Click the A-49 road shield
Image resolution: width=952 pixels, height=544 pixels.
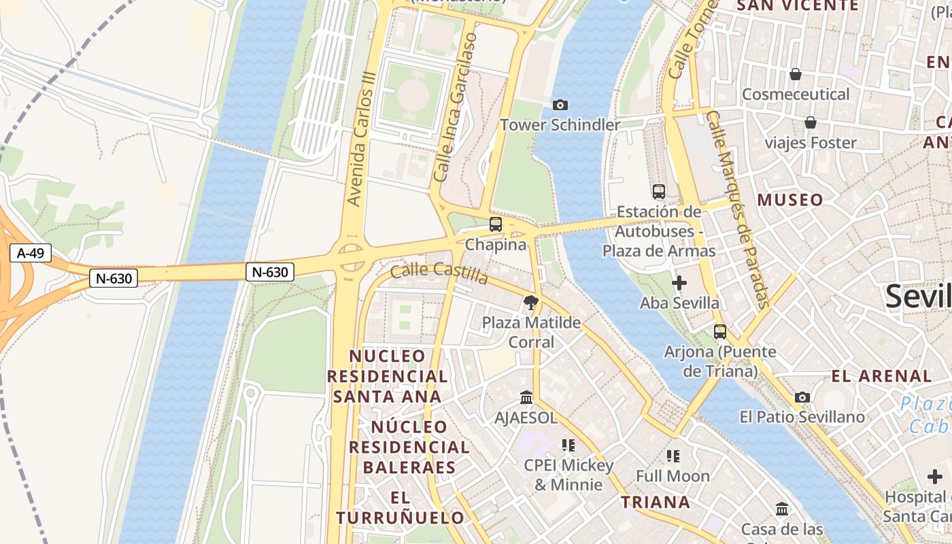point(31,254)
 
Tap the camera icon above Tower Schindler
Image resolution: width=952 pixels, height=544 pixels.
point(560,105)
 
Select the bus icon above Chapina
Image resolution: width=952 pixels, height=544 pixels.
point(496,224)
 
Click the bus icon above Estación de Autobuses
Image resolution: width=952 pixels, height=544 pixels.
point(658,191)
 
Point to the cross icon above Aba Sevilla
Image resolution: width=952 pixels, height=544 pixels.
point(679,283)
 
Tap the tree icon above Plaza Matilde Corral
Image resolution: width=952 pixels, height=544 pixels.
point(531,302)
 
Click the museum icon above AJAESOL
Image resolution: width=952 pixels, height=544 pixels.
point(526,397)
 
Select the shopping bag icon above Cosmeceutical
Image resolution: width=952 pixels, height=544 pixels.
point(796,74)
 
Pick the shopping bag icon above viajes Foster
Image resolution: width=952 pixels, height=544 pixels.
point(811,122)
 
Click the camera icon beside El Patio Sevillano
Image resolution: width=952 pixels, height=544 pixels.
point(802,397)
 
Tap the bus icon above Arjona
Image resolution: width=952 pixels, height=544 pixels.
point(719,332)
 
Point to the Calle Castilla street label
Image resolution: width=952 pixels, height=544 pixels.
point(439,273)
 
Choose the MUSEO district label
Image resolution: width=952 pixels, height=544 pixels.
point(790,200)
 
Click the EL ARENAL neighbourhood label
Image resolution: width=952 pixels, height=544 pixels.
point(881,376)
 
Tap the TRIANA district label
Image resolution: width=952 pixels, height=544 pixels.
point(656,503)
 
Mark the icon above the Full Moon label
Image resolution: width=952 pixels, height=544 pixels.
point(673,456)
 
